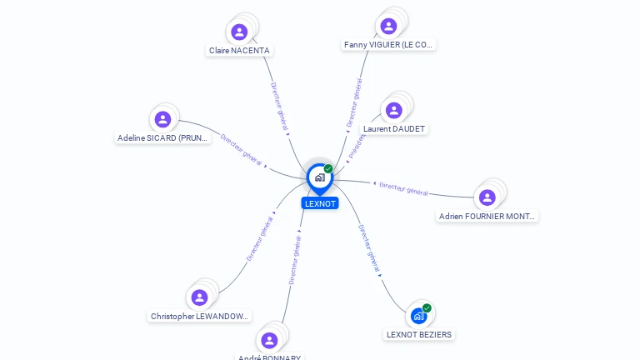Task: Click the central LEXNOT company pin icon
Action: click(x=319, y=177)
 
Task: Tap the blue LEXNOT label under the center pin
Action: click(x=320, y=203)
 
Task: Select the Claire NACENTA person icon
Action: click(x=240, y=32)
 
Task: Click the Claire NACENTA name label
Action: click(x=240, y=51)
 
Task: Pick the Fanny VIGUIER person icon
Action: click(x=388, y=27)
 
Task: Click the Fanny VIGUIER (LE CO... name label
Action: click(x=389, y=45)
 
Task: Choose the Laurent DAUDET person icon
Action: click(x=394, y=111)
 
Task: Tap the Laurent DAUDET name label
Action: click(x=394, y=129)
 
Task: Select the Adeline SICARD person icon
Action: click(x=162, y=119)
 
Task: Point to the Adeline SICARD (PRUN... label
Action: click(x=163, y=138)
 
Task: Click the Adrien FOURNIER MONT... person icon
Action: click(x=487, y=197)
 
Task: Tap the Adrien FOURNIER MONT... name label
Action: click(x=488, y=217)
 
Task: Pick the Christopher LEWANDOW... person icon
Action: click(x=199, y=297)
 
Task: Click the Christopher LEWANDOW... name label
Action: click(x=200, y=317)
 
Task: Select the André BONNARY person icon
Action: click(x=269, y=340)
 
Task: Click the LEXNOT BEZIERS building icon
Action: click(x=418, y=316)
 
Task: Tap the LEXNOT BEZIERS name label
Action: click(x=419, y=335)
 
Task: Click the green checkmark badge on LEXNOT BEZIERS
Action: click(x=427, y=308)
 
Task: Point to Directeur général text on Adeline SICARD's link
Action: click(x=242, y=148)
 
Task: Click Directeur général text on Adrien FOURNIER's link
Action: click(x=403, y=188)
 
